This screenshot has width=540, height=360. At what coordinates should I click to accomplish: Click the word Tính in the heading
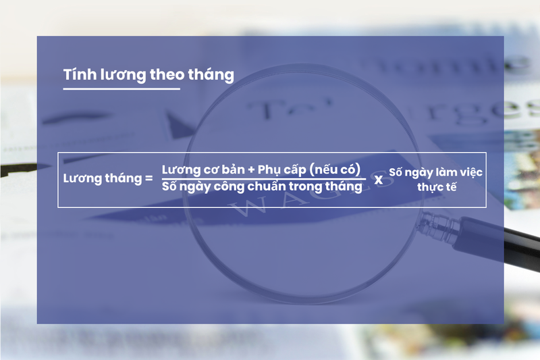tap(76, 75)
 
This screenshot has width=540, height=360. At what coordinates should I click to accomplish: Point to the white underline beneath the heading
tap(122, 88)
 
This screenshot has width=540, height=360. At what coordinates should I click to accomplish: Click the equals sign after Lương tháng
tap(148, 179)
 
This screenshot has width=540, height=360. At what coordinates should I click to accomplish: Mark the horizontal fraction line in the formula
tap(264, 178)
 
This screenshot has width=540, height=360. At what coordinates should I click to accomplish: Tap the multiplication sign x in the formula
tap(379, 180)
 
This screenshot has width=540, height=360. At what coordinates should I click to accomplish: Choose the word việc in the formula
tap(470, 172)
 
